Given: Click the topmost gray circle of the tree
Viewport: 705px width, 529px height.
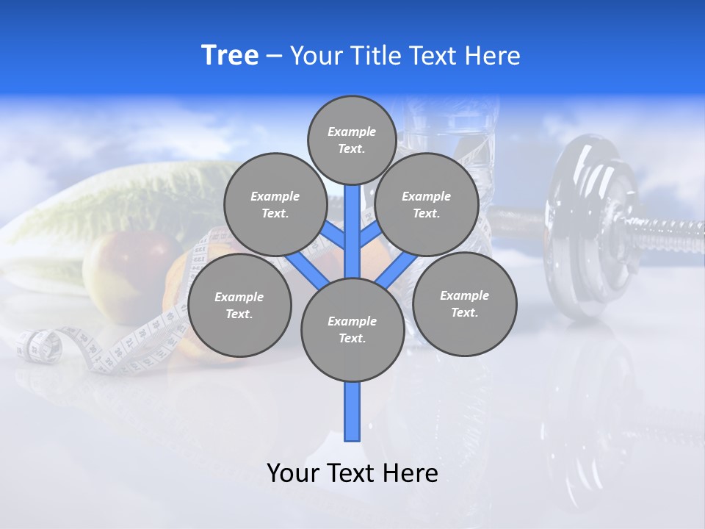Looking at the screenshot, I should [352, 140].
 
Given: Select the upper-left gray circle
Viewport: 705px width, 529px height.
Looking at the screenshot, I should [275, 204].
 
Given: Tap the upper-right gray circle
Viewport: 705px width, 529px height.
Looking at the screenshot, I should [427, 204].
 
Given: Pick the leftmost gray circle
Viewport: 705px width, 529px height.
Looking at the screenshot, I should [239, 305].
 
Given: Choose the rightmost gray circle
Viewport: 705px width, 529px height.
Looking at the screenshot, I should [464, 303].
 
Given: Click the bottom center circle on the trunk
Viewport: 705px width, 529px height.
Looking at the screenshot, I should [352, 329].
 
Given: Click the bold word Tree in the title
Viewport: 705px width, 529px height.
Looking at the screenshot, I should [230, 55].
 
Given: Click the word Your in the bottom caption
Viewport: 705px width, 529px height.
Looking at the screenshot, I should [292, 473].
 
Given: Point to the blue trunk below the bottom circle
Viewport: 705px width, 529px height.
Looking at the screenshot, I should [352, 411].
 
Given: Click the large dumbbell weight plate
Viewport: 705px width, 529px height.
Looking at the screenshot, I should [587, 228].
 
